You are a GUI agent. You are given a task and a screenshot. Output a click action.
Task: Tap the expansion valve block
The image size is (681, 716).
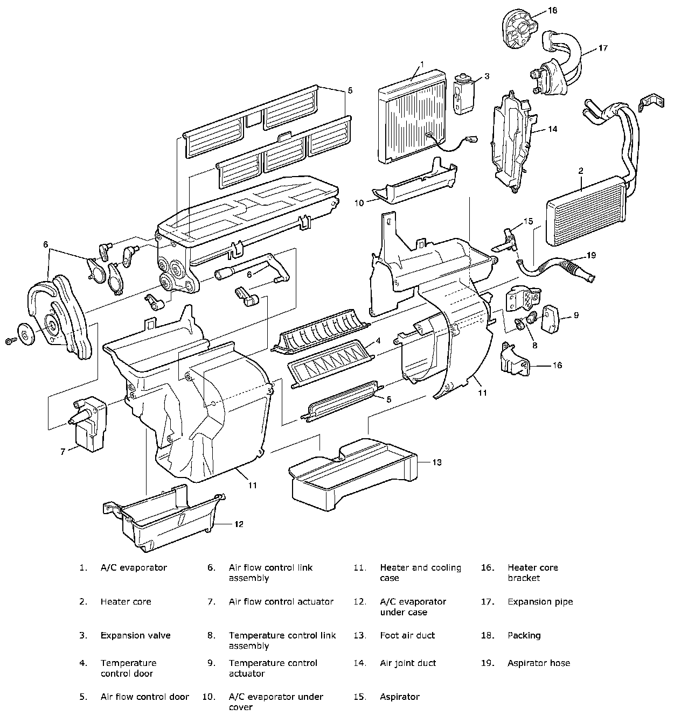point(462,94)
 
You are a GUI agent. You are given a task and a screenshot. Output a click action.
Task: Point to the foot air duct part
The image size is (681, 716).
point(353,474)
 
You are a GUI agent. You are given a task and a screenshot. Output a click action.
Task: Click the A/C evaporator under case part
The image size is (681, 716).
point(167,520)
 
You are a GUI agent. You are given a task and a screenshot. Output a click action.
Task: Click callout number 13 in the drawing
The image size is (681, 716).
point(437,462)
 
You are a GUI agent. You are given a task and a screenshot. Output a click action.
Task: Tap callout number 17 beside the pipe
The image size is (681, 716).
point(602,48)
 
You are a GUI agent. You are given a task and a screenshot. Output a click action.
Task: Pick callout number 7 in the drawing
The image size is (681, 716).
point(62,451)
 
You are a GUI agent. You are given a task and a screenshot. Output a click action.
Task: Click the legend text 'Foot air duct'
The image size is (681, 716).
point(407,635)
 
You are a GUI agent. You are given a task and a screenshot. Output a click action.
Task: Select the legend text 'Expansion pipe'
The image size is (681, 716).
point(540,601)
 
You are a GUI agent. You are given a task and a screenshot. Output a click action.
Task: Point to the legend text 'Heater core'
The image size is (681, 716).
point(126,601)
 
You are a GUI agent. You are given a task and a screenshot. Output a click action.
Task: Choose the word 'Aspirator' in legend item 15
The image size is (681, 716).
point(399,697)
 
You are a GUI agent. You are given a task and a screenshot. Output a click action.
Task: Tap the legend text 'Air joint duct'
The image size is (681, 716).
point(408,663)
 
